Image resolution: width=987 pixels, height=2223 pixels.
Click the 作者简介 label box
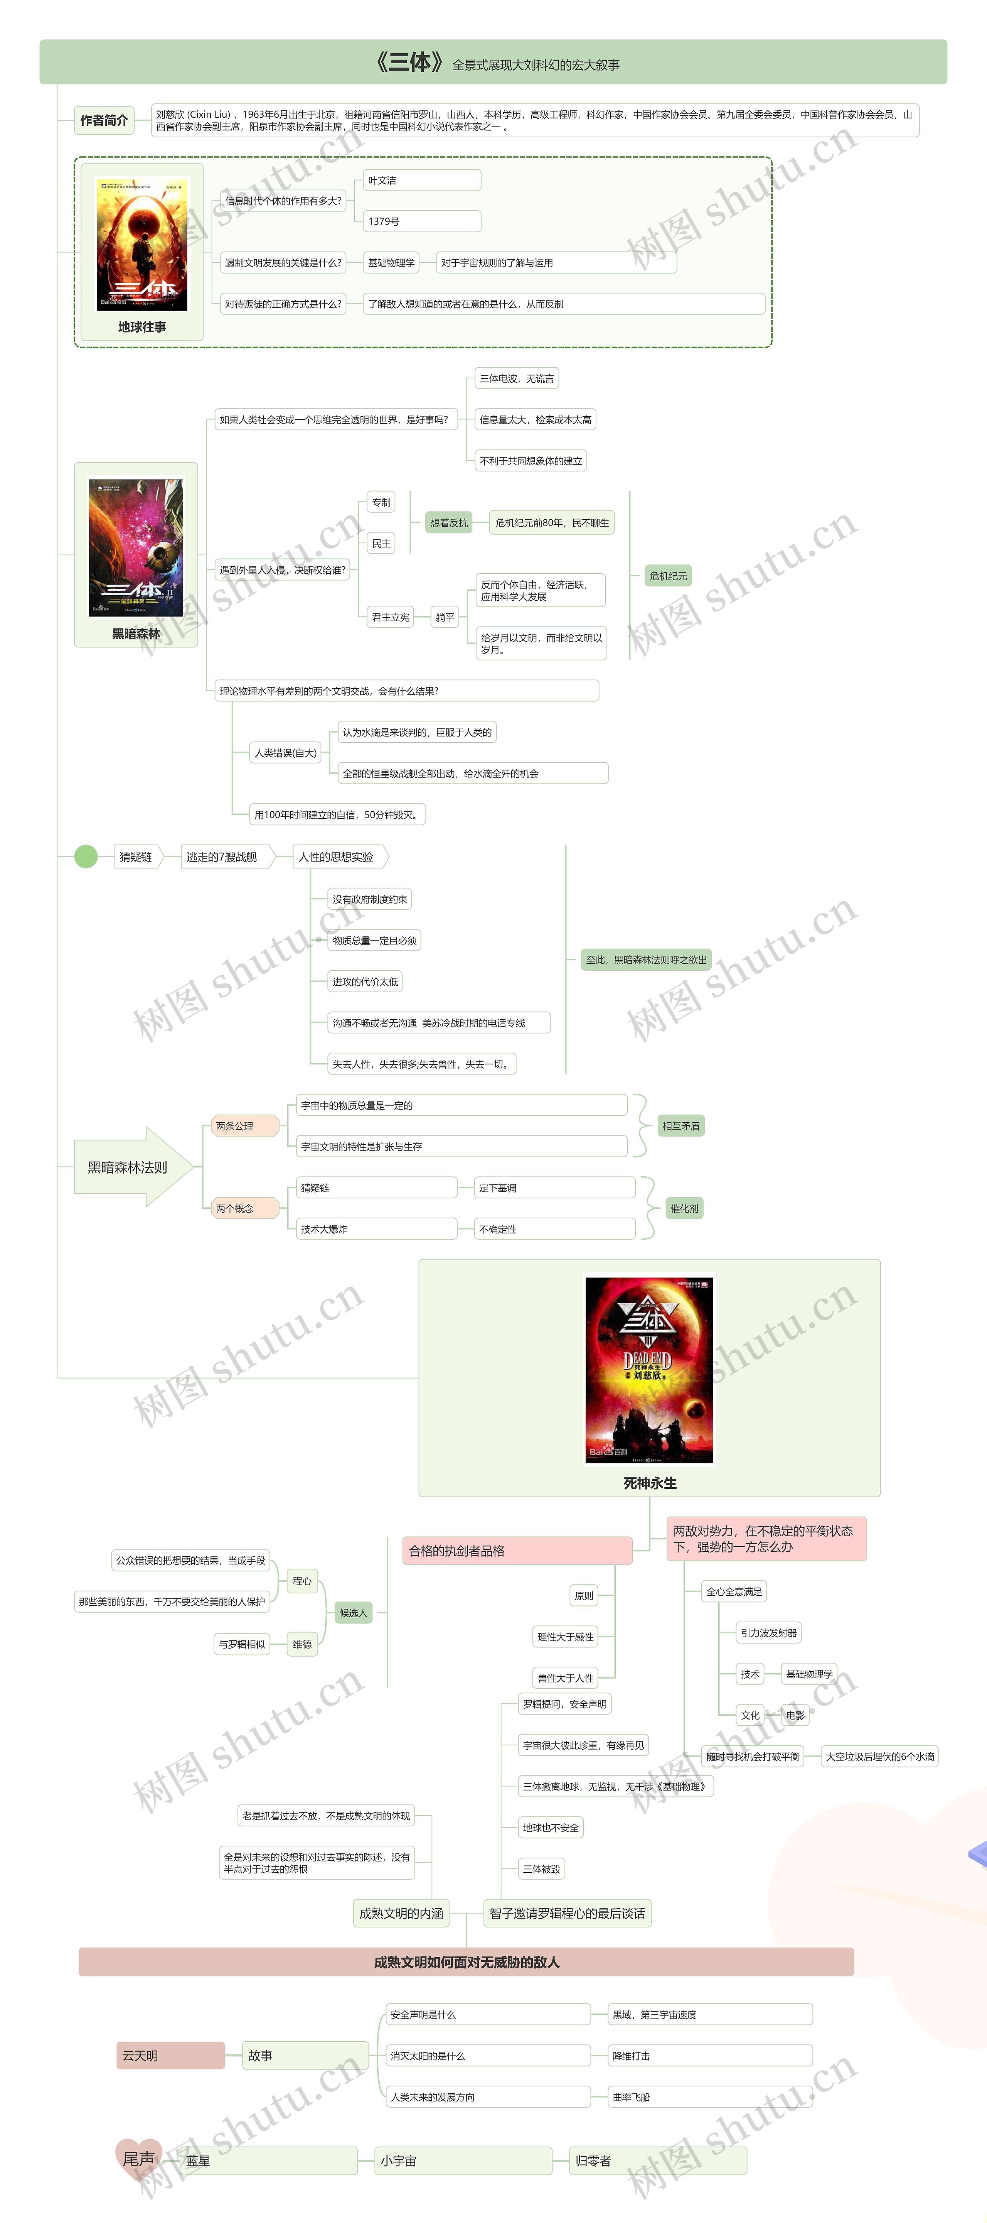(104, 120)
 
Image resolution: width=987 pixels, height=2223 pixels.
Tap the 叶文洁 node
(421, 180)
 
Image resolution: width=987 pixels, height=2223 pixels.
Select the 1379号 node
(421, 222)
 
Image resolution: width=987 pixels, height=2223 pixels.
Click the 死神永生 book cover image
(649, 1370)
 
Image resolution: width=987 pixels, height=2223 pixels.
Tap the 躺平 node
(445, 617)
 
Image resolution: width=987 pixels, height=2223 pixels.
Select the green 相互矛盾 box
(681, 1126)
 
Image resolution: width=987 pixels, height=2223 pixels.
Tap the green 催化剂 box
(684, 1208)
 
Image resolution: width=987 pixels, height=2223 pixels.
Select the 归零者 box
(657, 2161)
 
